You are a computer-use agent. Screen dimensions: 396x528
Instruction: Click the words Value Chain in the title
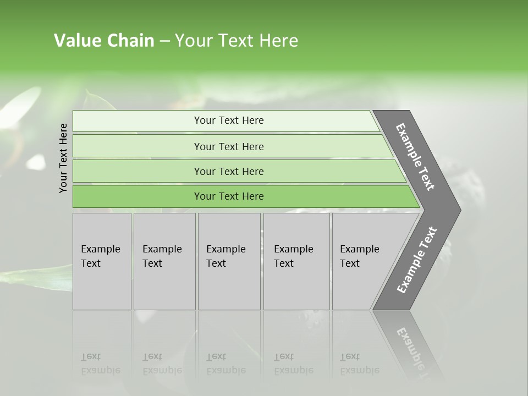[x=104, y=41]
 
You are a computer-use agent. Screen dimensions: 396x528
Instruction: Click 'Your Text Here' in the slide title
[x=237, y=41]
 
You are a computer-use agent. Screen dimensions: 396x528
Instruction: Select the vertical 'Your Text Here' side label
[x=63, y=158]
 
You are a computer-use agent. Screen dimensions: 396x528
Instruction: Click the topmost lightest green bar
[x=228, y=120]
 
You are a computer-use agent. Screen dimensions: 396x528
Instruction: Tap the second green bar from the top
[x=228, y=146]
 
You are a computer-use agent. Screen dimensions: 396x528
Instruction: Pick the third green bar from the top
[x=228, y=171]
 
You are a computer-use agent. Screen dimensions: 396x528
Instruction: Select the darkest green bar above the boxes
[x=228, y=196]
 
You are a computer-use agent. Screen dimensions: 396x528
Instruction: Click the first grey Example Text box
[x=102, y=261]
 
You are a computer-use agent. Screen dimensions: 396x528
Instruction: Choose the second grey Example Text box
[x=164, y=261]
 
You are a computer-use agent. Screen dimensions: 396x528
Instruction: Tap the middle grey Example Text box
[x=229, y=261]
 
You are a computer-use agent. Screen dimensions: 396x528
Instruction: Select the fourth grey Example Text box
[x=296, y=261]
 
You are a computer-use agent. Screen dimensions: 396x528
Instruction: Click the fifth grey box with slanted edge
[x=363, y=261]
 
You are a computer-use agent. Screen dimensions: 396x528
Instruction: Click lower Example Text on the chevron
[x=417, y=260]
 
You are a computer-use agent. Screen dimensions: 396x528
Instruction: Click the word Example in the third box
[x=226, y=249]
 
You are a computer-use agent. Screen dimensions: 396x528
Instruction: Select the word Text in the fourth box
[x=284, y=263]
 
